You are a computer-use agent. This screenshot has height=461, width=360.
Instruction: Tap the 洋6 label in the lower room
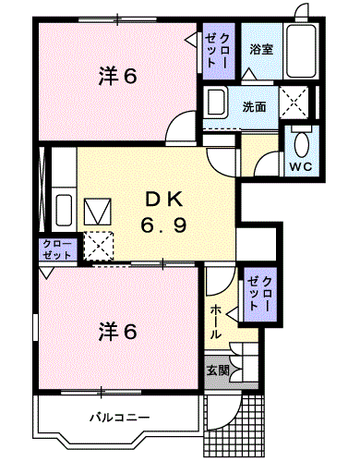[117, 330]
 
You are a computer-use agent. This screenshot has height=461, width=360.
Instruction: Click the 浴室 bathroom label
[260, 50]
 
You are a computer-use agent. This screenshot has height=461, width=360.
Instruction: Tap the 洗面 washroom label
[255, 106]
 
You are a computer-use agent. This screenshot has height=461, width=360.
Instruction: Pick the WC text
[301, 166]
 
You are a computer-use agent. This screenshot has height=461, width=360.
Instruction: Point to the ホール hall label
[215, 319]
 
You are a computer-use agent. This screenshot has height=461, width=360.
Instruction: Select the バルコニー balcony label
[119, 419]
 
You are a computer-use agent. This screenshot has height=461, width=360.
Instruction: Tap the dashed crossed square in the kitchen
[98, 245]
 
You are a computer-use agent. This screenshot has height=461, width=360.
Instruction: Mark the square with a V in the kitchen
[97, 212]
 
